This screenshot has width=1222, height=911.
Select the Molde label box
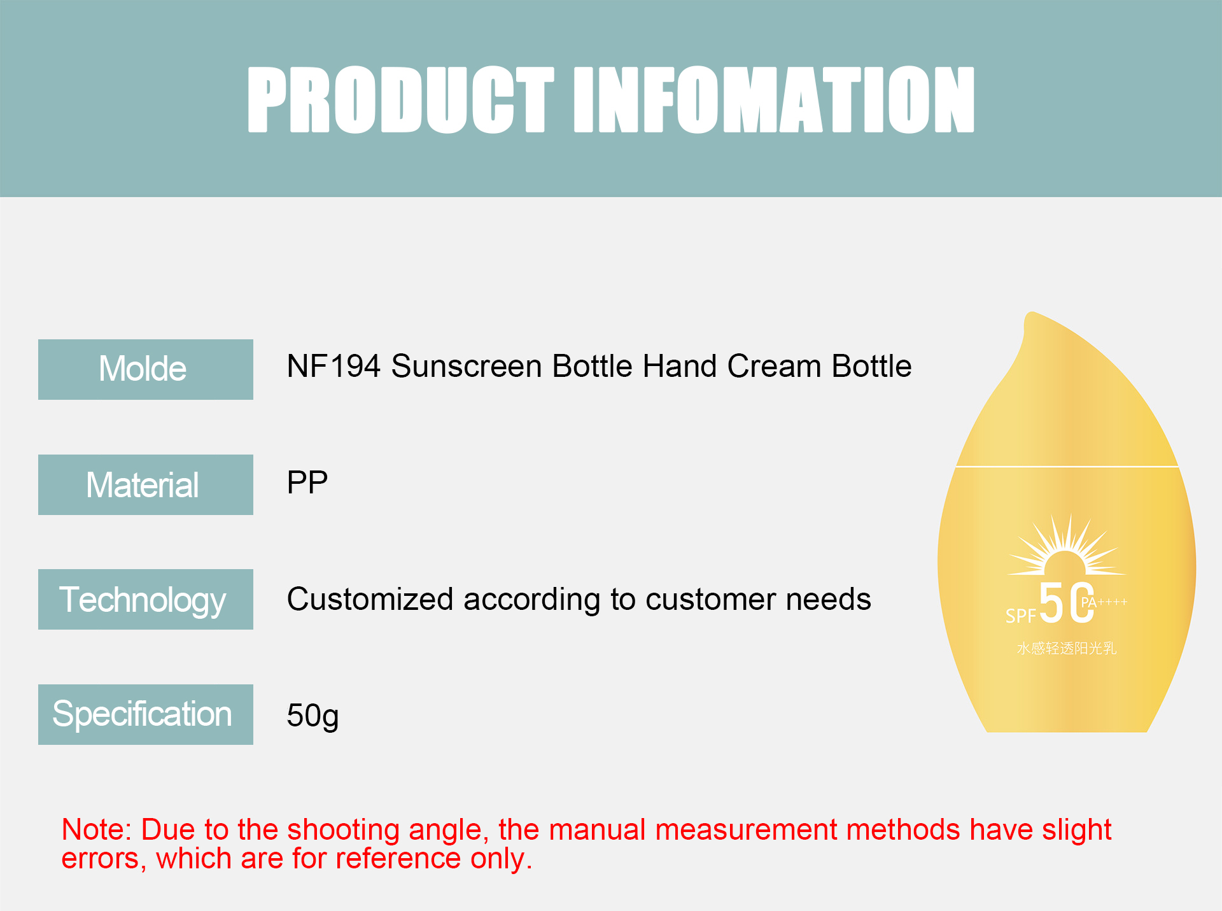[145, 369]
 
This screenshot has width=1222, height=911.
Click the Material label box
[145, 484]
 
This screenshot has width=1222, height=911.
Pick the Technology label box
[145, 599]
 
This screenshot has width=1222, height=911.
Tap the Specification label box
[145, 714]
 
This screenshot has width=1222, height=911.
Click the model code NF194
[334, 367]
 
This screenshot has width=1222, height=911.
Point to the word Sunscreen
[467, 367]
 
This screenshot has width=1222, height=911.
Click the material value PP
[307, 483]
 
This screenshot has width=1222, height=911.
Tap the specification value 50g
[312, 716]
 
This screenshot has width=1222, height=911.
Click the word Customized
[370, 600]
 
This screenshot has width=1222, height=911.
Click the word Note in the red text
[95, 830]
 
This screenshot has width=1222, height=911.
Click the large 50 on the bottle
[1065, 603]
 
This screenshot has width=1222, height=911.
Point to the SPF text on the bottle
[1020, 616]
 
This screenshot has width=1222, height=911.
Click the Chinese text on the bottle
[1066, 648]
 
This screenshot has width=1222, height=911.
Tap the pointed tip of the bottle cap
[1030, 315]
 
